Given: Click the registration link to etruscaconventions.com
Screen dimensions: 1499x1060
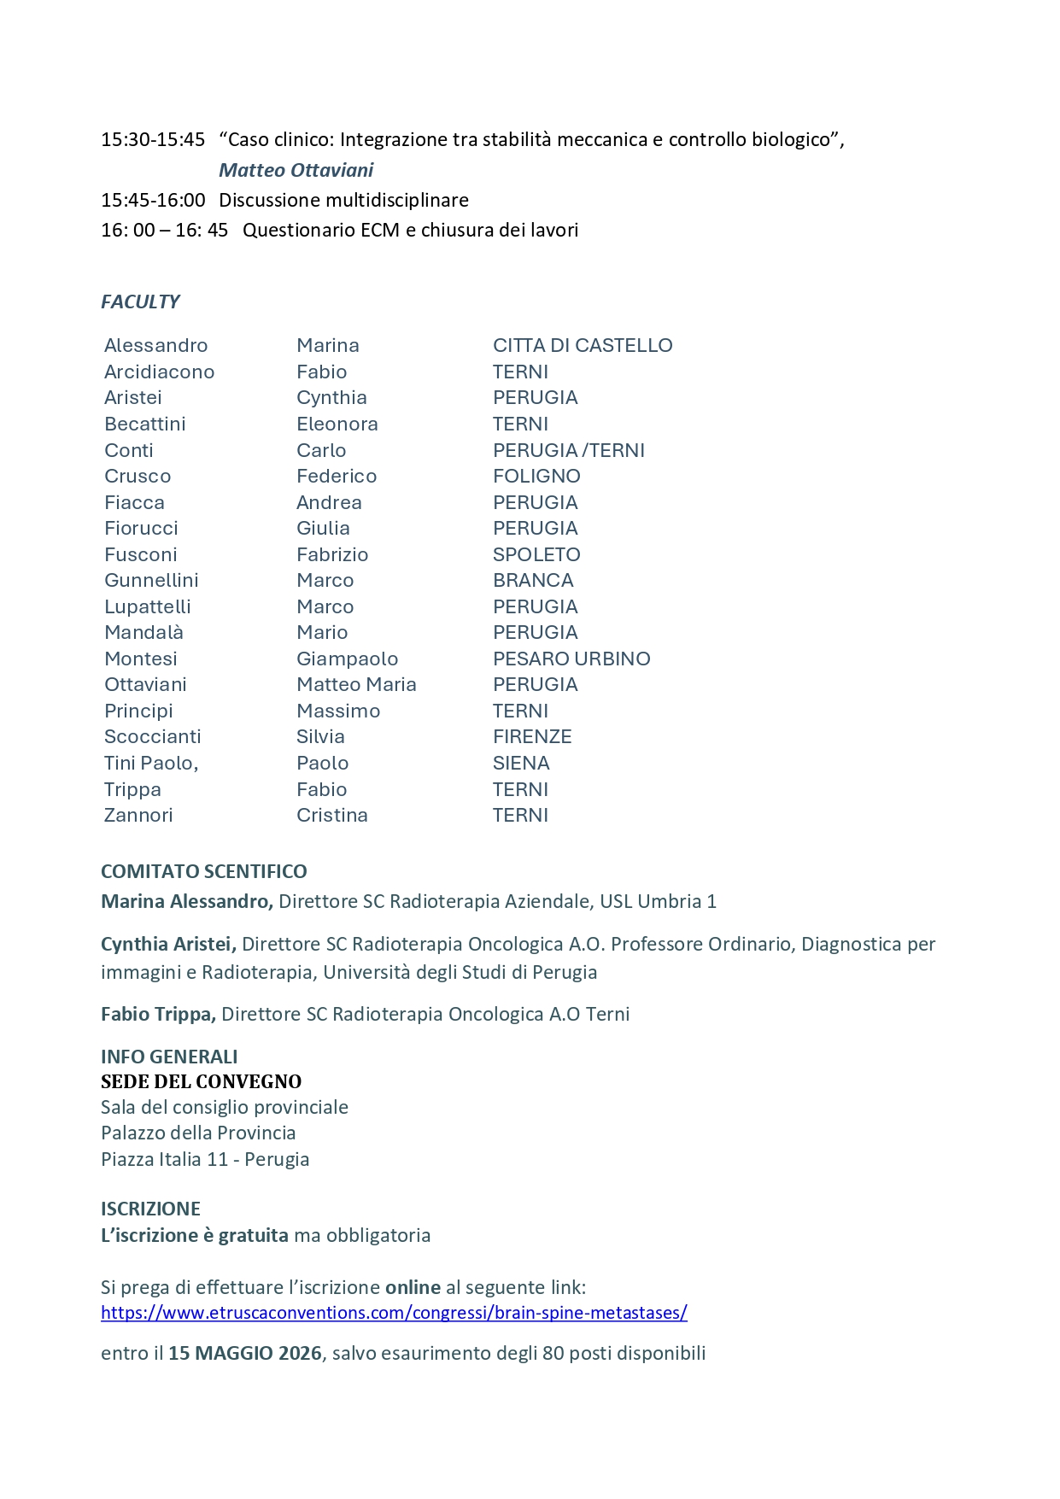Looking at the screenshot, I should [x=394, y=1313].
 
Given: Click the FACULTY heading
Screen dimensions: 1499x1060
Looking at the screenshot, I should [x=140, y=302].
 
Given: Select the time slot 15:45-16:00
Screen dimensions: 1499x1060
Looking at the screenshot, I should [x=153, y=200].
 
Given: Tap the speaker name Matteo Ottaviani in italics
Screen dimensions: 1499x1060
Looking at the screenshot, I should [x=296, y=170].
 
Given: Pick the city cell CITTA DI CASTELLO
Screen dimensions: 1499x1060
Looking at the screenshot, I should [x=583, y=345].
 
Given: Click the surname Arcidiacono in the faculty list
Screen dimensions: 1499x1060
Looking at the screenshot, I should [x=159, y=372].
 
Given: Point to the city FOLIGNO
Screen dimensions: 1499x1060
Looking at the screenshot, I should [x=536, y=476].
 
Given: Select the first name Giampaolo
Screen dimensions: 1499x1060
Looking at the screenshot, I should [x=347, y=659].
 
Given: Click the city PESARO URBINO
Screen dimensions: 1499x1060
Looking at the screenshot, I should [x=571, y=659].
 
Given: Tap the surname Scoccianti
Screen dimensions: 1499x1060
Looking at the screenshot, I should [x=153, y=736].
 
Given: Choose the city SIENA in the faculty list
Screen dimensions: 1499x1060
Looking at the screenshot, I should [x=521, y=763].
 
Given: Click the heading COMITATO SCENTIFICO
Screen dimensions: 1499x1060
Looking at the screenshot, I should [x=204, y=871].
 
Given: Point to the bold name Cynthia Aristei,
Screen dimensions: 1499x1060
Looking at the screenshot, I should [x=168, y=944].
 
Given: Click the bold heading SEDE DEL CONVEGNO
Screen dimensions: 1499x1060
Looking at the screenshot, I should [x=202, y=1081].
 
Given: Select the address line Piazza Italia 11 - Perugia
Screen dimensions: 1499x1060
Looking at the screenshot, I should [x=205, y=1159].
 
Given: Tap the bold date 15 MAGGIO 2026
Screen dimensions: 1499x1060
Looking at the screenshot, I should [x=245, y=1353].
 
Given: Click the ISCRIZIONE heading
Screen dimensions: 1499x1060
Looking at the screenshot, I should [x=150, y=1209].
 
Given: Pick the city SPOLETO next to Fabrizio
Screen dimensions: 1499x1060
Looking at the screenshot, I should [x=536, y=554].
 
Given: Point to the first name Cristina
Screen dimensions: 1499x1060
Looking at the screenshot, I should [x=332, y=815].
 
